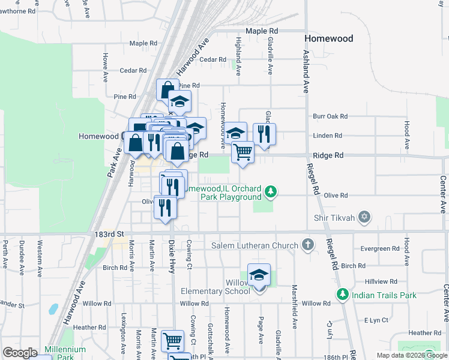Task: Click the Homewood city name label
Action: point(328,38)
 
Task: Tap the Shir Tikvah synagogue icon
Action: point(364,216)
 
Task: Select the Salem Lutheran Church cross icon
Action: point(307,245)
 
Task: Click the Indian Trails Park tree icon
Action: point(342,295)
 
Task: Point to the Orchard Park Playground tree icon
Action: point(271,192)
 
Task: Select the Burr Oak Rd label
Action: point(331,116)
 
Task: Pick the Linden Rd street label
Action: point(327,136)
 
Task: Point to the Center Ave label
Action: point(442,194)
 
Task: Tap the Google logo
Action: point(20,353)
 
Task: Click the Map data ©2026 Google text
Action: point(411,355)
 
